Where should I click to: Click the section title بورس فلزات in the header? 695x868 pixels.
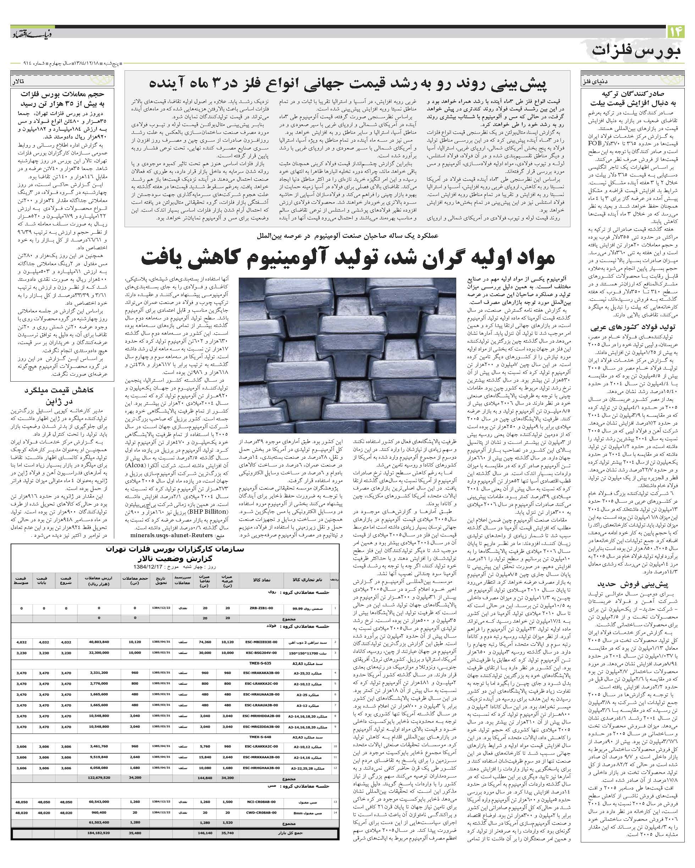click(638, 51)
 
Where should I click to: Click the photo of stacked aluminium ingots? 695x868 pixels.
click(347, 355)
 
